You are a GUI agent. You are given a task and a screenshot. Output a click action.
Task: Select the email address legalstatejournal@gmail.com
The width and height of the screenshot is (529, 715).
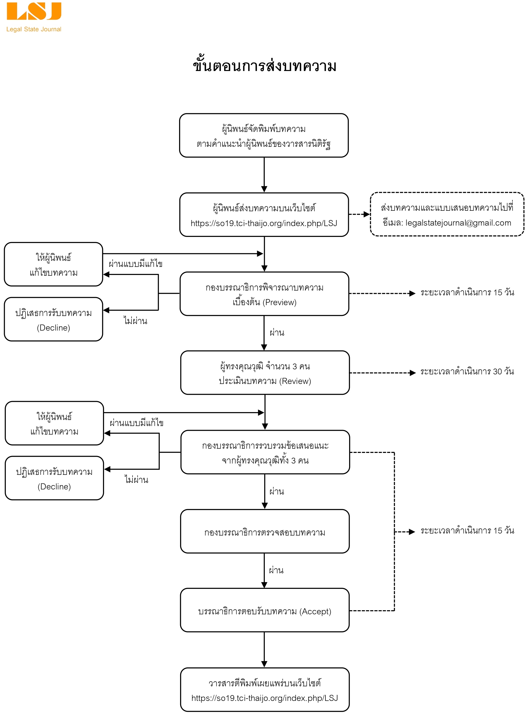coord(458,223)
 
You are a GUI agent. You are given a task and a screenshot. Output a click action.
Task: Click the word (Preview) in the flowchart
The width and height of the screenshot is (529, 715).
coord(281,302)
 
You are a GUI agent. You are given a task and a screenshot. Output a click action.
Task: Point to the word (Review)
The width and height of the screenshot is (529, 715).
coord(295,381)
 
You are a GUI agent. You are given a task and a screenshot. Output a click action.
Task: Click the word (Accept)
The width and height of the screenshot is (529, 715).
coord(315,611)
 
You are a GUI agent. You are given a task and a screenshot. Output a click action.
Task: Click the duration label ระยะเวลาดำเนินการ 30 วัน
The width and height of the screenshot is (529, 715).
coord(467,371)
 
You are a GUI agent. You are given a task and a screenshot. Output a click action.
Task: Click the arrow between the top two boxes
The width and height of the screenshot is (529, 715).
coord(264,175)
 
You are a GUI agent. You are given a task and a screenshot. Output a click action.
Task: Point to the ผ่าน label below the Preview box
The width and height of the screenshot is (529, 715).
coord(277,332)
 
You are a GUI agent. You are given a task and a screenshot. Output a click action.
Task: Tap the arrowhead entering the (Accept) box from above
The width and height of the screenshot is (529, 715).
coord(264,585)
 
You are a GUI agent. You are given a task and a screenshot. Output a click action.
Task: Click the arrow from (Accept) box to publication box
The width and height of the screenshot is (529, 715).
coord(264,650)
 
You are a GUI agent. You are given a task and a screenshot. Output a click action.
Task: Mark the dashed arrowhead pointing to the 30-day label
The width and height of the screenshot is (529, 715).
coord(412,373)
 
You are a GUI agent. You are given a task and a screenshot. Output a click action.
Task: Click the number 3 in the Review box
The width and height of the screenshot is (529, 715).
coord(294,367)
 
